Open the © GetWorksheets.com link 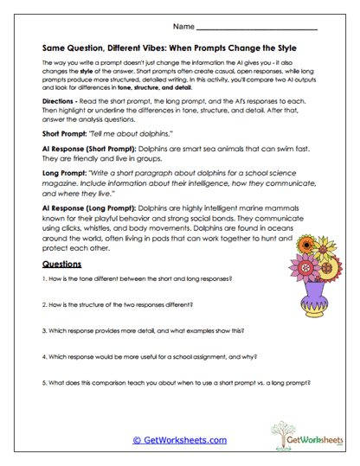point(179,439)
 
